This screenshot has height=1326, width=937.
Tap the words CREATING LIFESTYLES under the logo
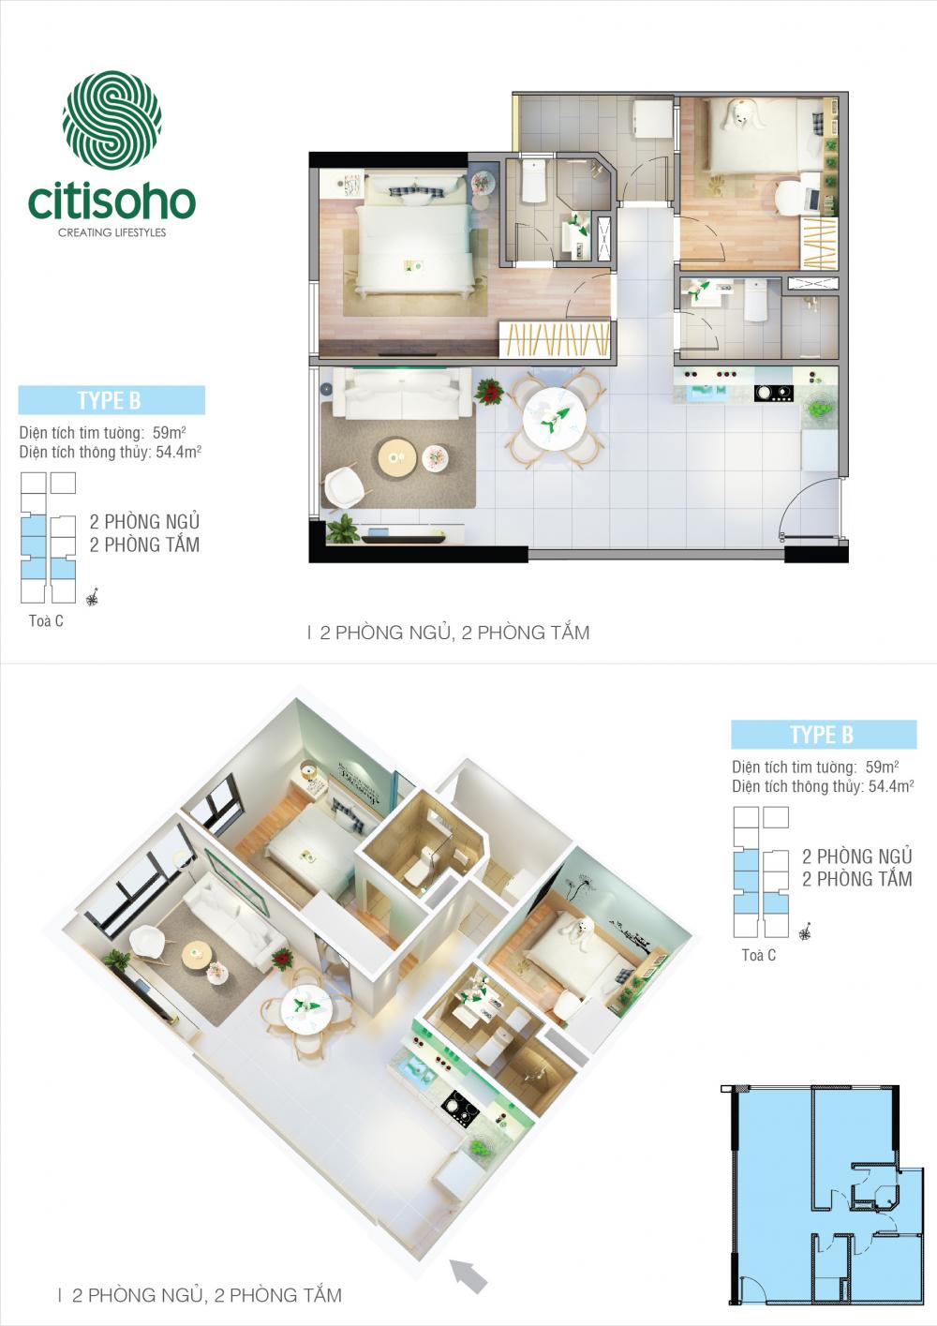coord(112,232)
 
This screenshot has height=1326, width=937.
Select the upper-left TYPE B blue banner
coord(112,400)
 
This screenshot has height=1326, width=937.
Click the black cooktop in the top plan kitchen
coord(774,393)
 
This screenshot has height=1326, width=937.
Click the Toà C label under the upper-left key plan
coord(46,620)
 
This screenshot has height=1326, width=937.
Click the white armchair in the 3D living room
coord(150,942)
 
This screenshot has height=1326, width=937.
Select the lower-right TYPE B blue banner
coord(824,735)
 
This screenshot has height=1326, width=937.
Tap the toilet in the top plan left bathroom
coord(533,183)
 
